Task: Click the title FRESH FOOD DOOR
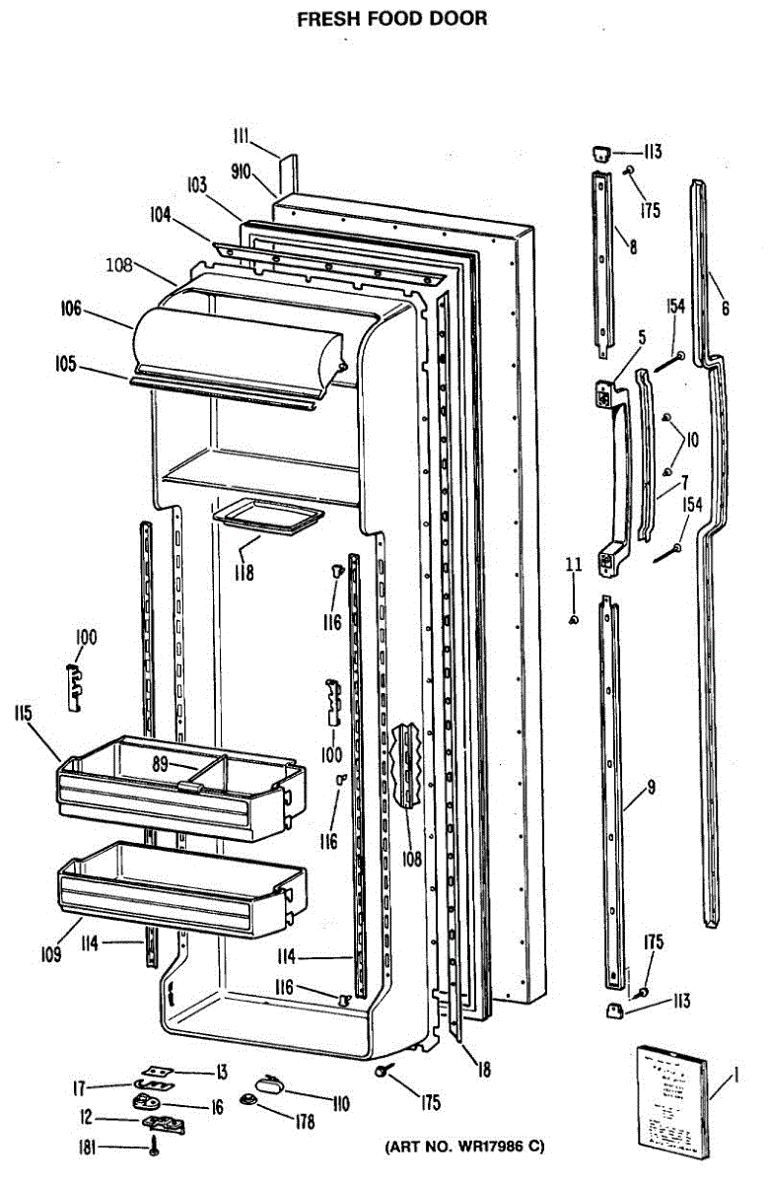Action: (392, 19)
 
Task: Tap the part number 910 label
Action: (242, 172)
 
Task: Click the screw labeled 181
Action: (154, 1147)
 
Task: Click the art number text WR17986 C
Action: (462, 1148)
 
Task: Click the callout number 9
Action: (652, 787)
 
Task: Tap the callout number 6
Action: (726, 308)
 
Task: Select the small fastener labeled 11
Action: (573, 619)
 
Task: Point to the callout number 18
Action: (482, 1069)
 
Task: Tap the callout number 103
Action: (197, 184)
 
